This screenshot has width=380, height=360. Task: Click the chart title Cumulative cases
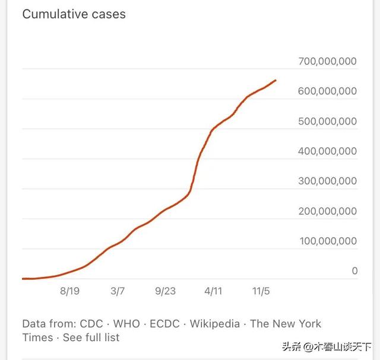pos(74,14)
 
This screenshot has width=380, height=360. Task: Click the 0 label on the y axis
pos(354,271)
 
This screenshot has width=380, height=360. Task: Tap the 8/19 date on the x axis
pos(69,291)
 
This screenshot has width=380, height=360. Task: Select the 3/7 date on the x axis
pos(118,291)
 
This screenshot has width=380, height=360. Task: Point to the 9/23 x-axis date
pos(166,291)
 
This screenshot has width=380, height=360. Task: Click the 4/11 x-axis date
pos(213,291)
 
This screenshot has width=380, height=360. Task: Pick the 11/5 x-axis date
pos(261,291)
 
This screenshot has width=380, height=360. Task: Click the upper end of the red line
pos(275,80)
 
